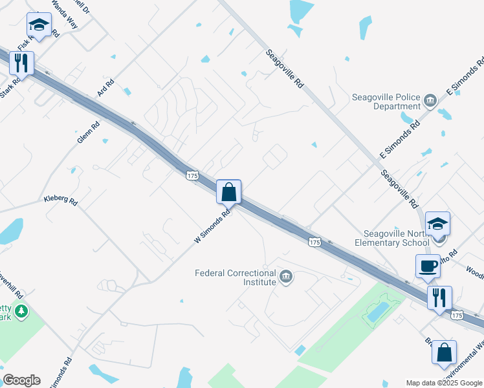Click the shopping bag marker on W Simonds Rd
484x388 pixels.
pos(228,192)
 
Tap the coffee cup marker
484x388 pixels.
pos(428,266)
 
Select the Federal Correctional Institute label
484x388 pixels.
pos(236,277)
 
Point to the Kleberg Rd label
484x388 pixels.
pos(60,200)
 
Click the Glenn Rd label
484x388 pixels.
pos(89,133)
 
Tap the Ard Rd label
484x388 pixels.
pos(105,88)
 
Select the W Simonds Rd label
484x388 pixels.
pos(212,226)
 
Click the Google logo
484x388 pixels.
pos(21,380)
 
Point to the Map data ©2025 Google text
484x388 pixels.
pos(444,383)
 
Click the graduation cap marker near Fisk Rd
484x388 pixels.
pos(39,25)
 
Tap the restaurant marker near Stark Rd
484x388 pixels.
pos(21,63)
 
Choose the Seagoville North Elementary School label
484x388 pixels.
pos(392,239)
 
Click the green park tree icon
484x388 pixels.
pos(22,312)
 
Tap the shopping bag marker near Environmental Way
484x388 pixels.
pos(444,352)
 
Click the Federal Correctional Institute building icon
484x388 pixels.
pos(286,278)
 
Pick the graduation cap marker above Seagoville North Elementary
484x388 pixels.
pos(437,223)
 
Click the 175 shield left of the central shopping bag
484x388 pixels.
pos(192,175)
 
